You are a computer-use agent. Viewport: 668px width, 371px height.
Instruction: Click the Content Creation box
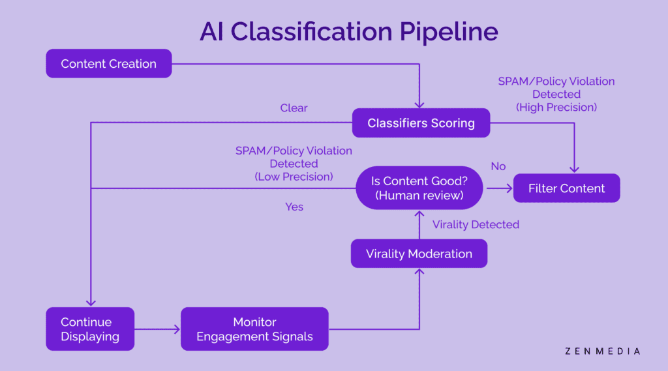109,63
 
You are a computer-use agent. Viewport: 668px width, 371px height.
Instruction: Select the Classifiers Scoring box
421,123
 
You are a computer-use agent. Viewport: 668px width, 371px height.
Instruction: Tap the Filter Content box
567,188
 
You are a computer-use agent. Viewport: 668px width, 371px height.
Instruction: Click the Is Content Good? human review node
419,188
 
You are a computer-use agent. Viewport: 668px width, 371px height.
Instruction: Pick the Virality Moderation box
419,254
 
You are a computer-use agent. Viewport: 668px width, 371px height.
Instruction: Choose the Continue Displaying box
90,329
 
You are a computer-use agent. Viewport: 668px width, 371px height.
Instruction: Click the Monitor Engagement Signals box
255,329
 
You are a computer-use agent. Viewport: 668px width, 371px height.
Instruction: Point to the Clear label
294,108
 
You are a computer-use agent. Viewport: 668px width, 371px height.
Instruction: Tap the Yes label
294,207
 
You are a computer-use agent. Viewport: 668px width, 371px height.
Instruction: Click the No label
498,166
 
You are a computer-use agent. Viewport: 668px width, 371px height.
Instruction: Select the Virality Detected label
476,224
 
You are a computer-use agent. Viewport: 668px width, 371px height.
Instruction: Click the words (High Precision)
556,108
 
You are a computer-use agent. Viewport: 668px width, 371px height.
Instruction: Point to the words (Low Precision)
294,177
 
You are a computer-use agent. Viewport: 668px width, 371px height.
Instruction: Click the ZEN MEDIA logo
602,351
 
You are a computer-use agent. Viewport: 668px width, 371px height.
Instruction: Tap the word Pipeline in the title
449,32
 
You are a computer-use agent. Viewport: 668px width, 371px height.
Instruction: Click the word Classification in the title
311,31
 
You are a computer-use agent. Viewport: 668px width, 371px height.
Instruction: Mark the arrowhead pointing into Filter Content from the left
509,188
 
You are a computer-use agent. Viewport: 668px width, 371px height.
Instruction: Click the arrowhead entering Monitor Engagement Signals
177,329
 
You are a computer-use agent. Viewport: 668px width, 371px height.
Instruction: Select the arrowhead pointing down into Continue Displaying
91,303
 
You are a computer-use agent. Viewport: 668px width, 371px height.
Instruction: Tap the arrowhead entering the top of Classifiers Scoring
419,104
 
